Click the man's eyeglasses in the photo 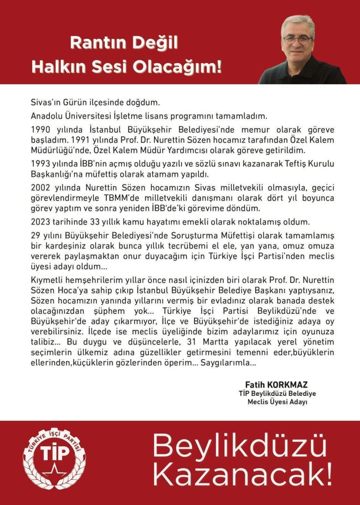click(x=298, y=40)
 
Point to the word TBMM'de click(x=131, y=198)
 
